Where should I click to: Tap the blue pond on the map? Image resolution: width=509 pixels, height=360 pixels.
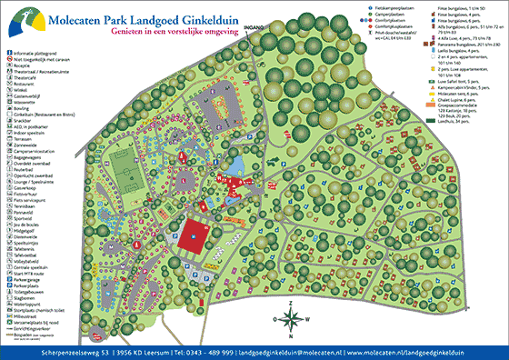click(x=239, y=165)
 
